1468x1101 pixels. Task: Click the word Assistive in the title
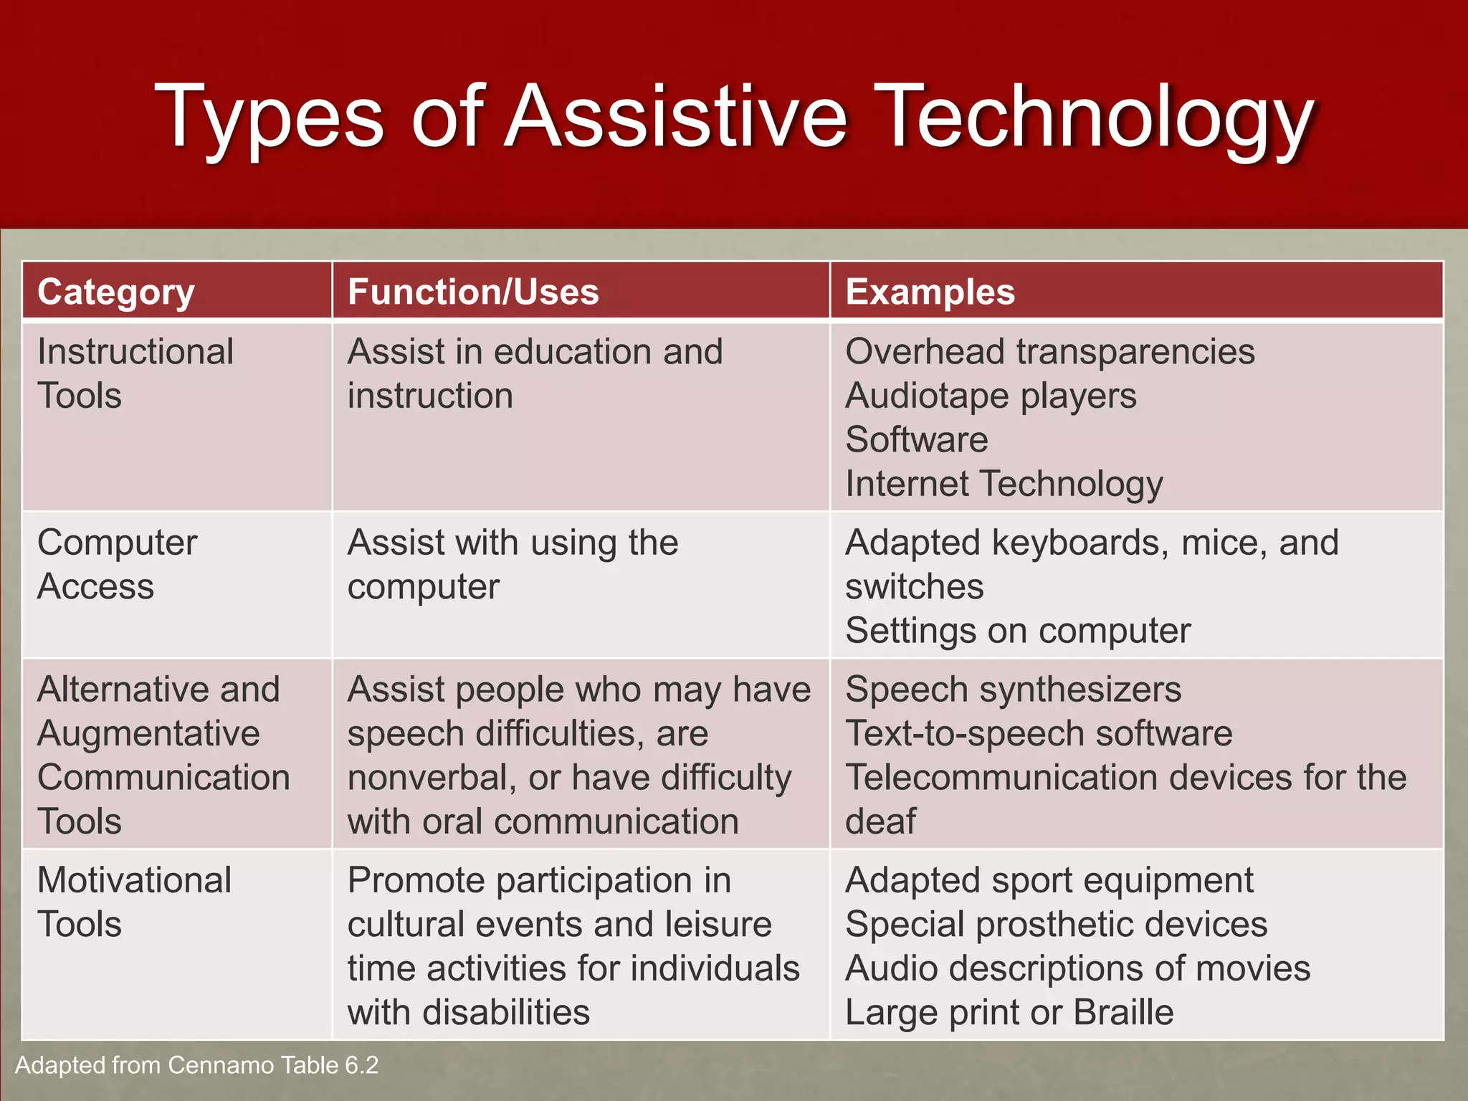coord(677,117)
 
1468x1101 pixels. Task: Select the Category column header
coord(116,292)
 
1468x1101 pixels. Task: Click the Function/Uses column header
coord(473,292)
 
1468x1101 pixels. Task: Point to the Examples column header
coord(930,292)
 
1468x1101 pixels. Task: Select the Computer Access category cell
coord(117,564)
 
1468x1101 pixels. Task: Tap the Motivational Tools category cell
coord(134,902)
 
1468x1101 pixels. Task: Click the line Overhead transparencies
coord(1049,352)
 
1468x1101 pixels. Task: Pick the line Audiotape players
coord(991,396)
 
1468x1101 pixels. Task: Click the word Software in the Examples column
coord(916,439)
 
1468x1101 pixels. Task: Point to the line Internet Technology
coord(1004,484)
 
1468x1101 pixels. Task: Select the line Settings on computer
coord(1017,631)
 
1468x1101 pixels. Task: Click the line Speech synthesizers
coord(1013,690)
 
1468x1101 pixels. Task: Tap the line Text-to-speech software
coord(1039,733)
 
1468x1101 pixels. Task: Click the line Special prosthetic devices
coord(1056,924)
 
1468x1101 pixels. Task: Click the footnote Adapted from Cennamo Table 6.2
coord(196,1065)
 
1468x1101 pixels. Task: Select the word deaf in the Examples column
coord(880,821)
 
